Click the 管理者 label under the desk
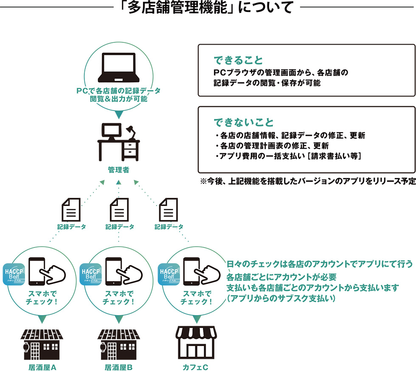point(118,170)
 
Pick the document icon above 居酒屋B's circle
point(119,209)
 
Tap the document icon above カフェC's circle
point(168,209)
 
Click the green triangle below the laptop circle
point(118,113)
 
